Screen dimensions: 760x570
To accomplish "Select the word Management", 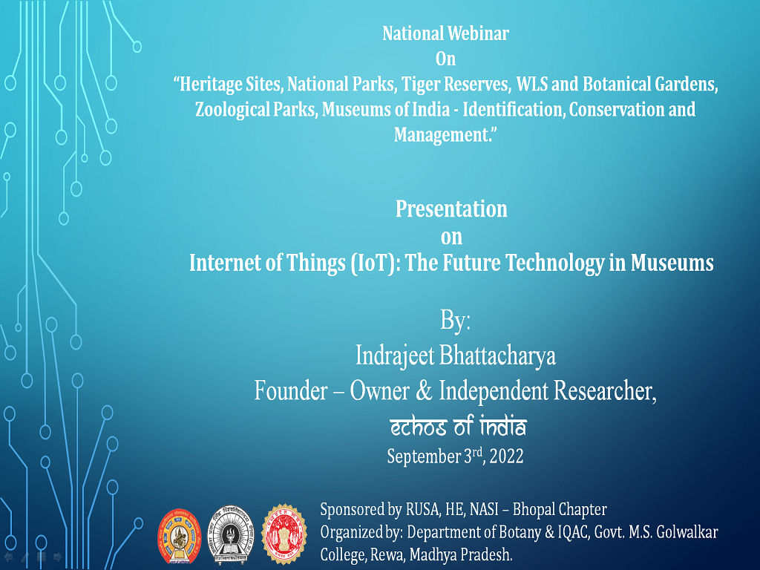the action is [x=442, y=135].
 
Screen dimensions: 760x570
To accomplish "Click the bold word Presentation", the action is [x=451, y=209].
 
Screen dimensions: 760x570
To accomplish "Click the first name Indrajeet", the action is [x=395, y=356].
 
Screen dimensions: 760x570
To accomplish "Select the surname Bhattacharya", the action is [x=498, y=356].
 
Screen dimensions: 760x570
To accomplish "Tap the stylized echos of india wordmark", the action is [x=458, y=427].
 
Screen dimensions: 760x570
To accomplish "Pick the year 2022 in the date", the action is [x=506, y=456].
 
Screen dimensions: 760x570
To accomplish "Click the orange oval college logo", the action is [x=180, y=536].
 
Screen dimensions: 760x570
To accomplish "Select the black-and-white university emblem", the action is [x=230, y=534].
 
